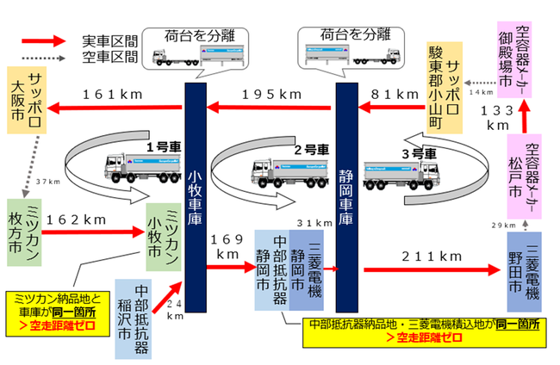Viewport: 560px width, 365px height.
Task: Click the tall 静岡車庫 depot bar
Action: (x=347, y=198)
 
